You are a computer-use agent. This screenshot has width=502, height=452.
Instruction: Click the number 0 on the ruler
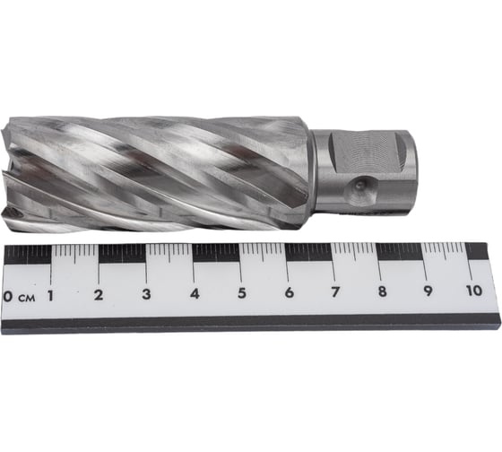point(8,296)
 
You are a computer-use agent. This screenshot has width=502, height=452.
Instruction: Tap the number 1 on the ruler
point(50,296)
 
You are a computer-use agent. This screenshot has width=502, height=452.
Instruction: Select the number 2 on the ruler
point(99,295)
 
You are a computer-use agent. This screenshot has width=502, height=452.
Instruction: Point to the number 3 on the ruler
point(146,294)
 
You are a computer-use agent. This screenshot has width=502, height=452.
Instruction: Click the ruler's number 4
point(195,293)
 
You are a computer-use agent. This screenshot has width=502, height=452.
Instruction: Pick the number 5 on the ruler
point(242,292)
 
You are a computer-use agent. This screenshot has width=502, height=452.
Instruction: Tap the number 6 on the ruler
point(289,292)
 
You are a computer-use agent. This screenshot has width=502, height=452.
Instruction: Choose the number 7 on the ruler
point(335,291)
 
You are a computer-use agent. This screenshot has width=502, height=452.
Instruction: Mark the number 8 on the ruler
point(382,291)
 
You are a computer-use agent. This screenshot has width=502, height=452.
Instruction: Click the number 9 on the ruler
point(428,291)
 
